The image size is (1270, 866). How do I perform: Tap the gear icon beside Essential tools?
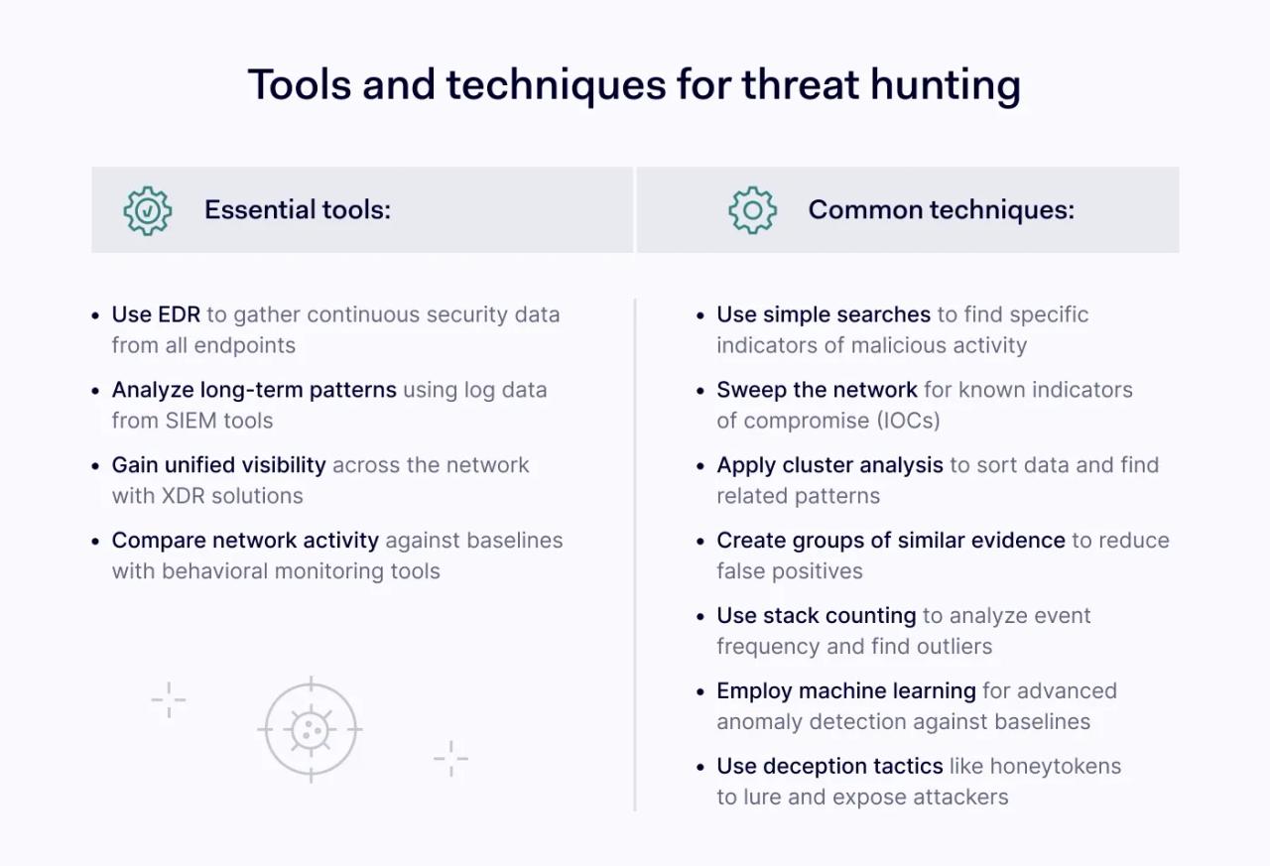click(148, 210)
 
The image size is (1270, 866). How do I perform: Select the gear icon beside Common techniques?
click(753, 210)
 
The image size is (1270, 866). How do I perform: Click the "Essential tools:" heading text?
click(298, 210)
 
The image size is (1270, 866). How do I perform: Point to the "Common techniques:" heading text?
click(941, 210)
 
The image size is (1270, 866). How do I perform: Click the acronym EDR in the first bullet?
click(179, 314)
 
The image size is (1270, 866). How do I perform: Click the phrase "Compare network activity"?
click(245, 541)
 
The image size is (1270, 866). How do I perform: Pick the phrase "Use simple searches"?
click(824, 314)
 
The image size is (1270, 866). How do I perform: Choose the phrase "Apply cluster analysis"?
click(829, 465)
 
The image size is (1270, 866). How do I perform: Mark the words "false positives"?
click(790, 571)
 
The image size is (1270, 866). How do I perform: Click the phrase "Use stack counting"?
click(816, 616)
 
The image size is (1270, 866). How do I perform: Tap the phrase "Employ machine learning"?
click(846, 691)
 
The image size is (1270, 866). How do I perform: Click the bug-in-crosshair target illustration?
click(311, 730)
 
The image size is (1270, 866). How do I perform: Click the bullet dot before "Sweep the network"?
click(700, 391)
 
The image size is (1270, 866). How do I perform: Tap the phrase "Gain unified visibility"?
click(218, 465)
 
